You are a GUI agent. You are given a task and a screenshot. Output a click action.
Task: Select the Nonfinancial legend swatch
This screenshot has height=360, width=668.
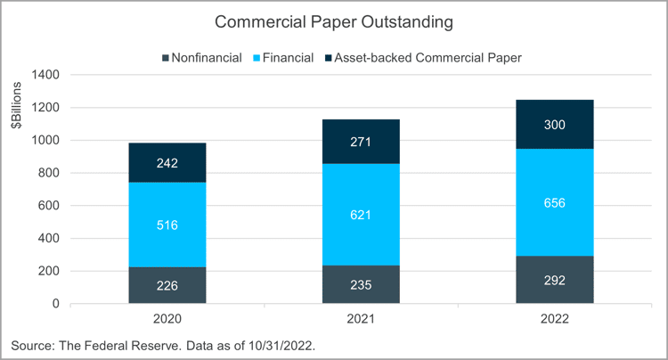pos(167,58)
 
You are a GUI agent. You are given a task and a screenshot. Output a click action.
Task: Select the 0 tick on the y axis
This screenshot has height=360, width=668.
pos(55,304)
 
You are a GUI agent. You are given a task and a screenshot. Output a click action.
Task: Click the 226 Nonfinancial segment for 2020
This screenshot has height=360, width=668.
pos(167,285)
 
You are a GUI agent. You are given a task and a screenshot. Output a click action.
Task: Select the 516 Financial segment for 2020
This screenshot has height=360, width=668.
pos(167,225)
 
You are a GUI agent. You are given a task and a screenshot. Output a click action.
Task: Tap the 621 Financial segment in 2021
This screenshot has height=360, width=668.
pos(361,214)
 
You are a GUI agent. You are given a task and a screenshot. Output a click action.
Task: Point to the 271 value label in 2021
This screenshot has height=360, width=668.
pos(361,142)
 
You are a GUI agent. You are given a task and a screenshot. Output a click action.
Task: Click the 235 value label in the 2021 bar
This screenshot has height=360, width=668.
pos(361,285)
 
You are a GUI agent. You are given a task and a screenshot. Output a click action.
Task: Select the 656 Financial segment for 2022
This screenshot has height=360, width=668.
pos(554,202)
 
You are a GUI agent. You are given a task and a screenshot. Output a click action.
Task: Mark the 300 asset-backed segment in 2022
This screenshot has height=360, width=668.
pos(554,125)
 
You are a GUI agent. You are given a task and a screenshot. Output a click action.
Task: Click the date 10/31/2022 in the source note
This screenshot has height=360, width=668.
pos(286,344)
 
